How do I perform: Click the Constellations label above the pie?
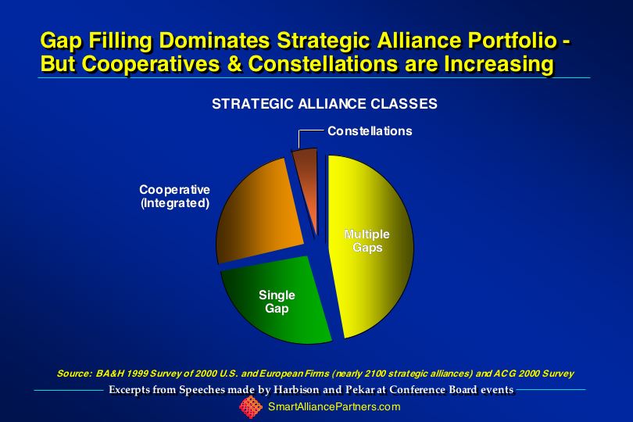(370, 131)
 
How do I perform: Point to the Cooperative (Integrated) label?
(175, 196)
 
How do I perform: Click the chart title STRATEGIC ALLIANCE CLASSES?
(324, 104)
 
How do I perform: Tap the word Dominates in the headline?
(214, 41)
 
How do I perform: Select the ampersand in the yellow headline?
(234, 64)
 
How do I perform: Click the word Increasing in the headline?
(499, 65)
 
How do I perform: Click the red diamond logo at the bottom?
(251, 407)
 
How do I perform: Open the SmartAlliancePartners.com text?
(334, 406)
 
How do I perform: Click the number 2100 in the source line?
(374, 374)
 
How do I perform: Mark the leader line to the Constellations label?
(299, 135)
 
